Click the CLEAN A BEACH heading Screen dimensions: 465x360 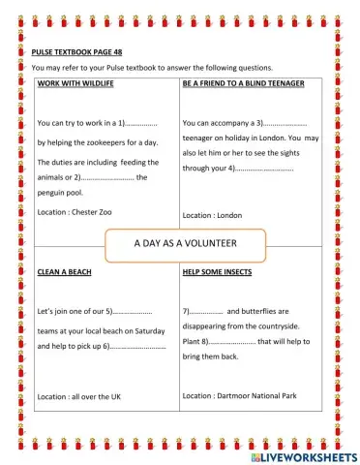click(x=64, y=272)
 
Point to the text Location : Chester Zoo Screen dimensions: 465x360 click(x=73, y=211)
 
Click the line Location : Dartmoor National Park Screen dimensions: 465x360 click(x=238, y=396)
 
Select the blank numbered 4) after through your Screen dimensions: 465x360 click(x=266, y=169)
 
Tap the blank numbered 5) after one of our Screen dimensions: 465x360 click(x=133, y=312)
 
